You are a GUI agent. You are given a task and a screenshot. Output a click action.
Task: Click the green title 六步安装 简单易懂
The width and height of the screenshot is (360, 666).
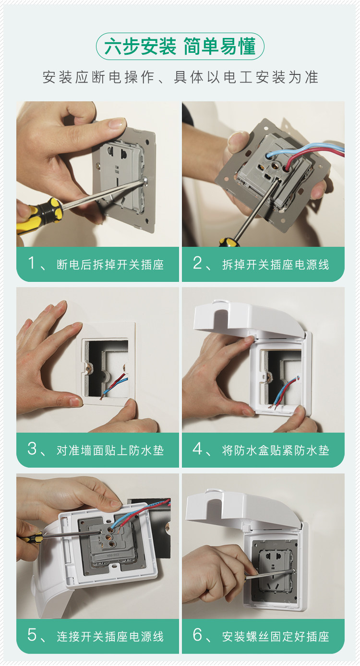click(x=180, y=47)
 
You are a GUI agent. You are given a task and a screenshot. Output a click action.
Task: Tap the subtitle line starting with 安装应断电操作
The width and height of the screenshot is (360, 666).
click(x=180, y=77)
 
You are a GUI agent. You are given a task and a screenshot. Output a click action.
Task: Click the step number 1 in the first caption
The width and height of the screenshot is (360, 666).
click(x=32, y=263)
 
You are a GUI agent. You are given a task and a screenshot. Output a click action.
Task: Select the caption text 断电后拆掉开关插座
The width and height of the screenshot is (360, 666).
click(x=110, y=265)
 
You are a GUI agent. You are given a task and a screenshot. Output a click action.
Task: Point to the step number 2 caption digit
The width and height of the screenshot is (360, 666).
click(x=197, y=263)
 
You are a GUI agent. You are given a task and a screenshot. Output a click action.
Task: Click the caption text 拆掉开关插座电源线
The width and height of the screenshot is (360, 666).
click(x=276, y=265)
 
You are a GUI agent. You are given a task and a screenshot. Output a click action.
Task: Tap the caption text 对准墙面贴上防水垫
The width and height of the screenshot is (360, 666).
click(x=110, y=450)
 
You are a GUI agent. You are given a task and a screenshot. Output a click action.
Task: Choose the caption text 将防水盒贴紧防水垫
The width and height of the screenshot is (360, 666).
click(x=276, y=450)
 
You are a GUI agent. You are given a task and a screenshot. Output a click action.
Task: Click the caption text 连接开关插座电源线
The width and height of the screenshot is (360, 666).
click(x=110, y=637)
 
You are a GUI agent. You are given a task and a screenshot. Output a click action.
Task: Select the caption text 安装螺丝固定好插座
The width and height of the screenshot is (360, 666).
click(x=276, y=637)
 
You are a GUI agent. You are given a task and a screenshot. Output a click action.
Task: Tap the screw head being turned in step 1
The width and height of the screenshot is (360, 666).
click(x=145, y=180)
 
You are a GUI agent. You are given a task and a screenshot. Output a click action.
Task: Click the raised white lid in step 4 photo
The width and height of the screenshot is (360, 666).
click(x=250, y=318)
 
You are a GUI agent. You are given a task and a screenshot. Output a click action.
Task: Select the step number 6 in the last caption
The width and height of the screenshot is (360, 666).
click(x=197, y=635)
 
